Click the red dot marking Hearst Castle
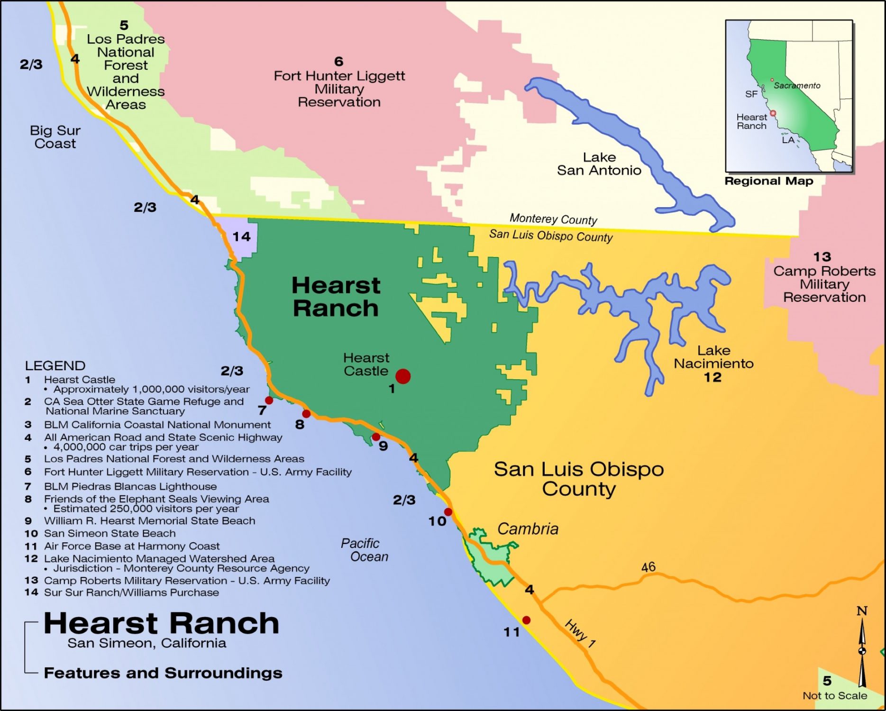pos(402,376)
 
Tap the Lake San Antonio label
pos(599,164)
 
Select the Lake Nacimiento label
pos(713,357)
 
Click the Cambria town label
pos(528,529)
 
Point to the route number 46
pos(648,567)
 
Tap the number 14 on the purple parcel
pos(241,237)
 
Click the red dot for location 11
pos(526,620)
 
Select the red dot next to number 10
pos(448,512)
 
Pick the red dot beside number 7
pos(269,401)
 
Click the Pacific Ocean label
pos(364,550)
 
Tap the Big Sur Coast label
pos(55,137)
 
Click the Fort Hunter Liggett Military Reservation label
pos(339,89)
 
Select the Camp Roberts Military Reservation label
pos(824,284)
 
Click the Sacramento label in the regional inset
pos(796,85)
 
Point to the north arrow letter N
pos(862,611)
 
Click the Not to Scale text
pos(834,696)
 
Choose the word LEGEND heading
pos(55,366)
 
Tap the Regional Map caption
pos(768,181)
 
